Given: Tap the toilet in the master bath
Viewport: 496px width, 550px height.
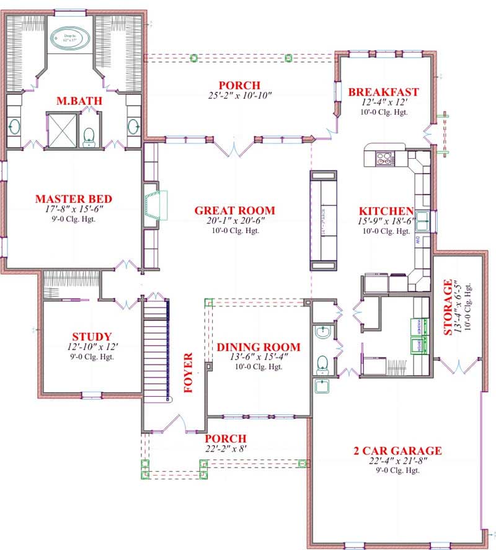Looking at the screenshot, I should tap(89, 135).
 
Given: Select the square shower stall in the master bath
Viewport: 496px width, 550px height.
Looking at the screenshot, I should tap(63, 129).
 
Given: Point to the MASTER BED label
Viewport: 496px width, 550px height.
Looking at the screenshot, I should tap(73, 199).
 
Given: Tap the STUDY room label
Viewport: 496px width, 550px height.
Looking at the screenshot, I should tap(92, 337).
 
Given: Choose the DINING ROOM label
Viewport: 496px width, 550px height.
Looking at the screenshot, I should tap(258, 347).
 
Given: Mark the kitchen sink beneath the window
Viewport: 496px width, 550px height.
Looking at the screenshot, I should tap(423, 220).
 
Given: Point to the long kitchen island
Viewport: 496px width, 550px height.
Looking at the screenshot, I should tap(324, 220).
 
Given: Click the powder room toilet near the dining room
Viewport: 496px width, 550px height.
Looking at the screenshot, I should tap(322, 362).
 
